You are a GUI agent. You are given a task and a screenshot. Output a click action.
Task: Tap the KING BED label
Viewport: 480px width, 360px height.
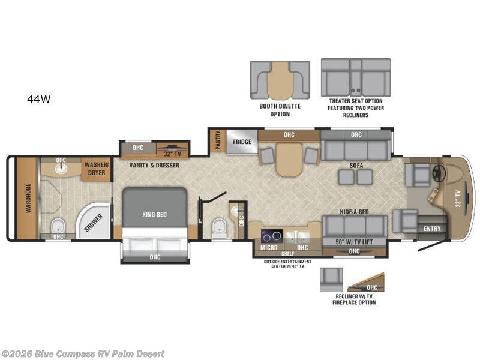pyautogui.click(x=154, y=214)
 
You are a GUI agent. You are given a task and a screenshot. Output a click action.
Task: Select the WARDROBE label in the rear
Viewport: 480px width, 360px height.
pyautogui.click(x=28, y=198)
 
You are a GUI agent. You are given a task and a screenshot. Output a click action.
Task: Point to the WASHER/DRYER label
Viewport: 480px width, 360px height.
pyautogui.click(x=96, y=168)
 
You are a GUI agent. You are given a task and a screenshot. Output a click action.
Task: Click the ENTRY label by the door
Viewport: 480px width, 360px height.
pyautogui.click(x=431, y=228)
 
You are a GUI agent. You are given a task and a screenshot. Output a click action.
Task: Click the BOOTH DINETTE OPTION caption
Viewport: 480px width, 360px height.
pyautogui.click(x=280, y=110)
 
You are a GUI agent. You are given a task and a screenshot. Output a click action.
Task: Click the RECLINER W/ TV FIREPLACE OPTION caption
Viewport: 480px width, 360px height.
pyautogui.click(x=354, y=299)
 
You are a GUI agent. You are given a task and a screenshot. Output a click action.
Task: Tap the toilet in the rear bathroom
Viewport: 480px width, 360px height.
pyautogui.click(x=58, y=226)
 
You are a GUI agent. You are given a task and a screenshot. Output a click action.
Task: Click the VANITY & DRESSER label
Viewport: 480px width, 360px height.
pyautogui.click(x=154, y=165)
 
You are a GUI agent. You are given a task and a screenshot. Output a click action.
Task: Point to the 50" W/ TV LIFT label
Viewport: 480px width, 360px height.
pyautogui.click(x=354, y=241)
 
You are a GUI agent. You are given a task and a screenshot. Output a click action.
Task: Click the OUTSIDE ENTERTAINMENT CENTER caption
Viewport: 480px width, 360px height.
pyautogui.click(x=287, y=265)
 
